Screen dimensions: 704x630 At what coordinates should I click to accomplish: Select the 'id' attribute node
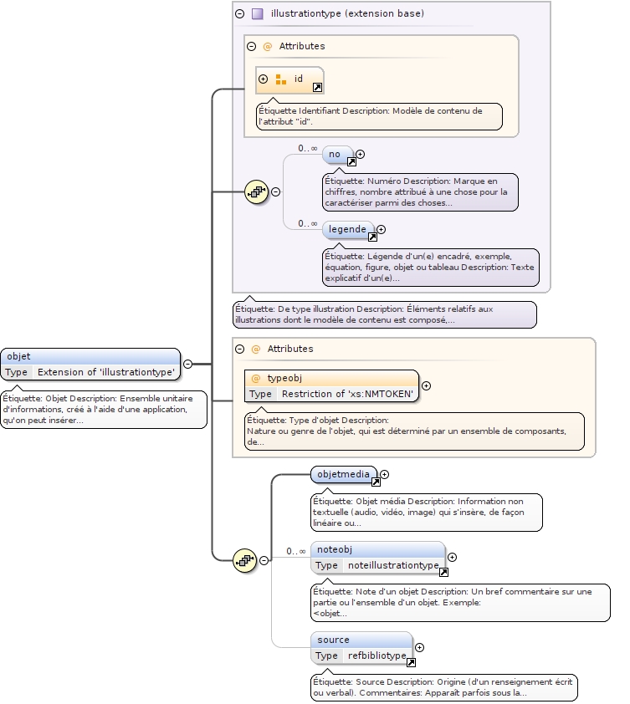point(298,79)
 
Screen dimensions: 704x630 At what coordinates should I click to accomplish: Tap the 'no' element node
point(334,154)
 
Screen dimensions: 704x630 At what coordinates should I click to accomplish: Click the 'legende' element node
point(347,229)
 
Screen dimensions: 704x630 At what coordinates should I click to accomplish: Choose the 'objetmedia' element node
point(343,474)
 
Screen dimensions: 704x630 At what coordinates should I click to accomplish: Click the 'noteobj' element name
point(333,549)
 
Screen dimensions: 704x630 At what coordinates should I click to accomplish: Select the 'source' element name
point(333,640)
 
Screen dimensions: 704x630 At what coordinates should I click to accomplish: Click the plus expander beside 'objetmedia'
point(386,475)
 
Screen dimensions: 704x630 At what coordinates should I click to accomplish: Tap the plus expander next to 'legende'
point(381,229)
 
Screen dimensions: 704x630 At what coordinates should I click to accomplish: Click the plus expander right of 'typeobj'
point(426,385)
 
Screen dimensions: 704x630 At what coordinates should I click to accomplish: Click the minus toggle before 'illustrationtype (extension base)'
point(239,13)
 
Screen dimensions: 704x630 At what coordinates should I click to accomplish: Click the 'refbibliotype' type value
point(376,656)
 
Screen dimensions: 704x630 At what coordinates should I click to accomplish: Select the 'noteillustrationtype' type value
point(393,565)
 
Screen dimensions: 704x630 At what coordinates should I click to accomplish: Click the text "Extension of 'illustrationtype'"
point(106,372)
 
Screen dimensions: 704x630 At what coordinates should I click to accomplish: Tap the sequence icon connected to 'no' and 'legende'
point(256,191)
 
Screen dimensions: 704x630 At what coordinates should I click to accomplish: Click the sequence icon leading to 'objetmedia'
point(244,560)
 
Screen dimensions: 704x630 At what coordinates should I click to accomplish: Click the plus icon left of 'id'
point(264,79)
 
